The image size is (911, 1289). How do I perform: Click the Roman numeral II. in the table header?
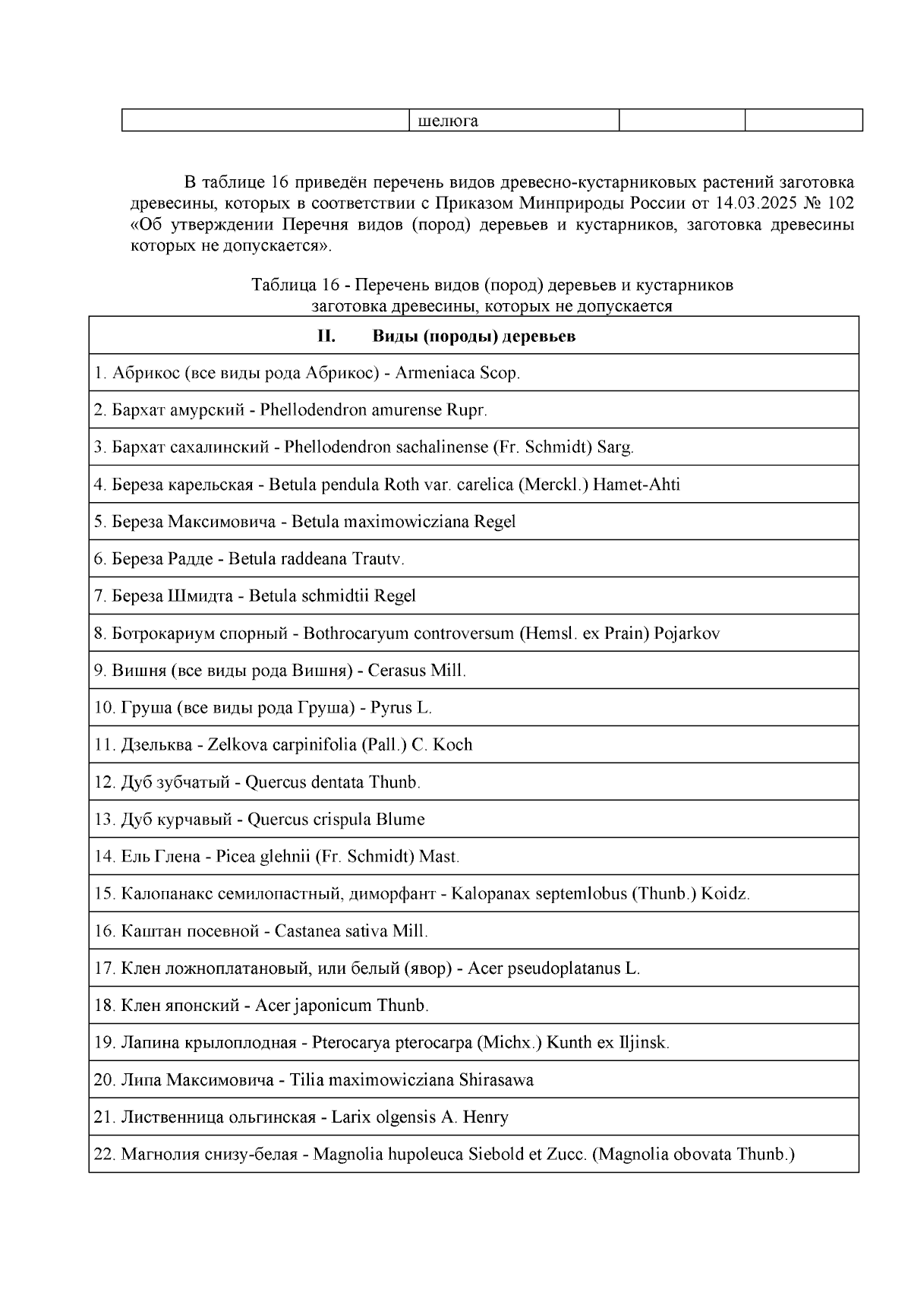point(326,336)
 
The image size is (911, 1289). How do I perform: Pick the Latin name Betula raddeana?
point(288,559)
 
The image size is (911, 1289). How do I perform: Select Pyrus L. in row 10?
point(401,708)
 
